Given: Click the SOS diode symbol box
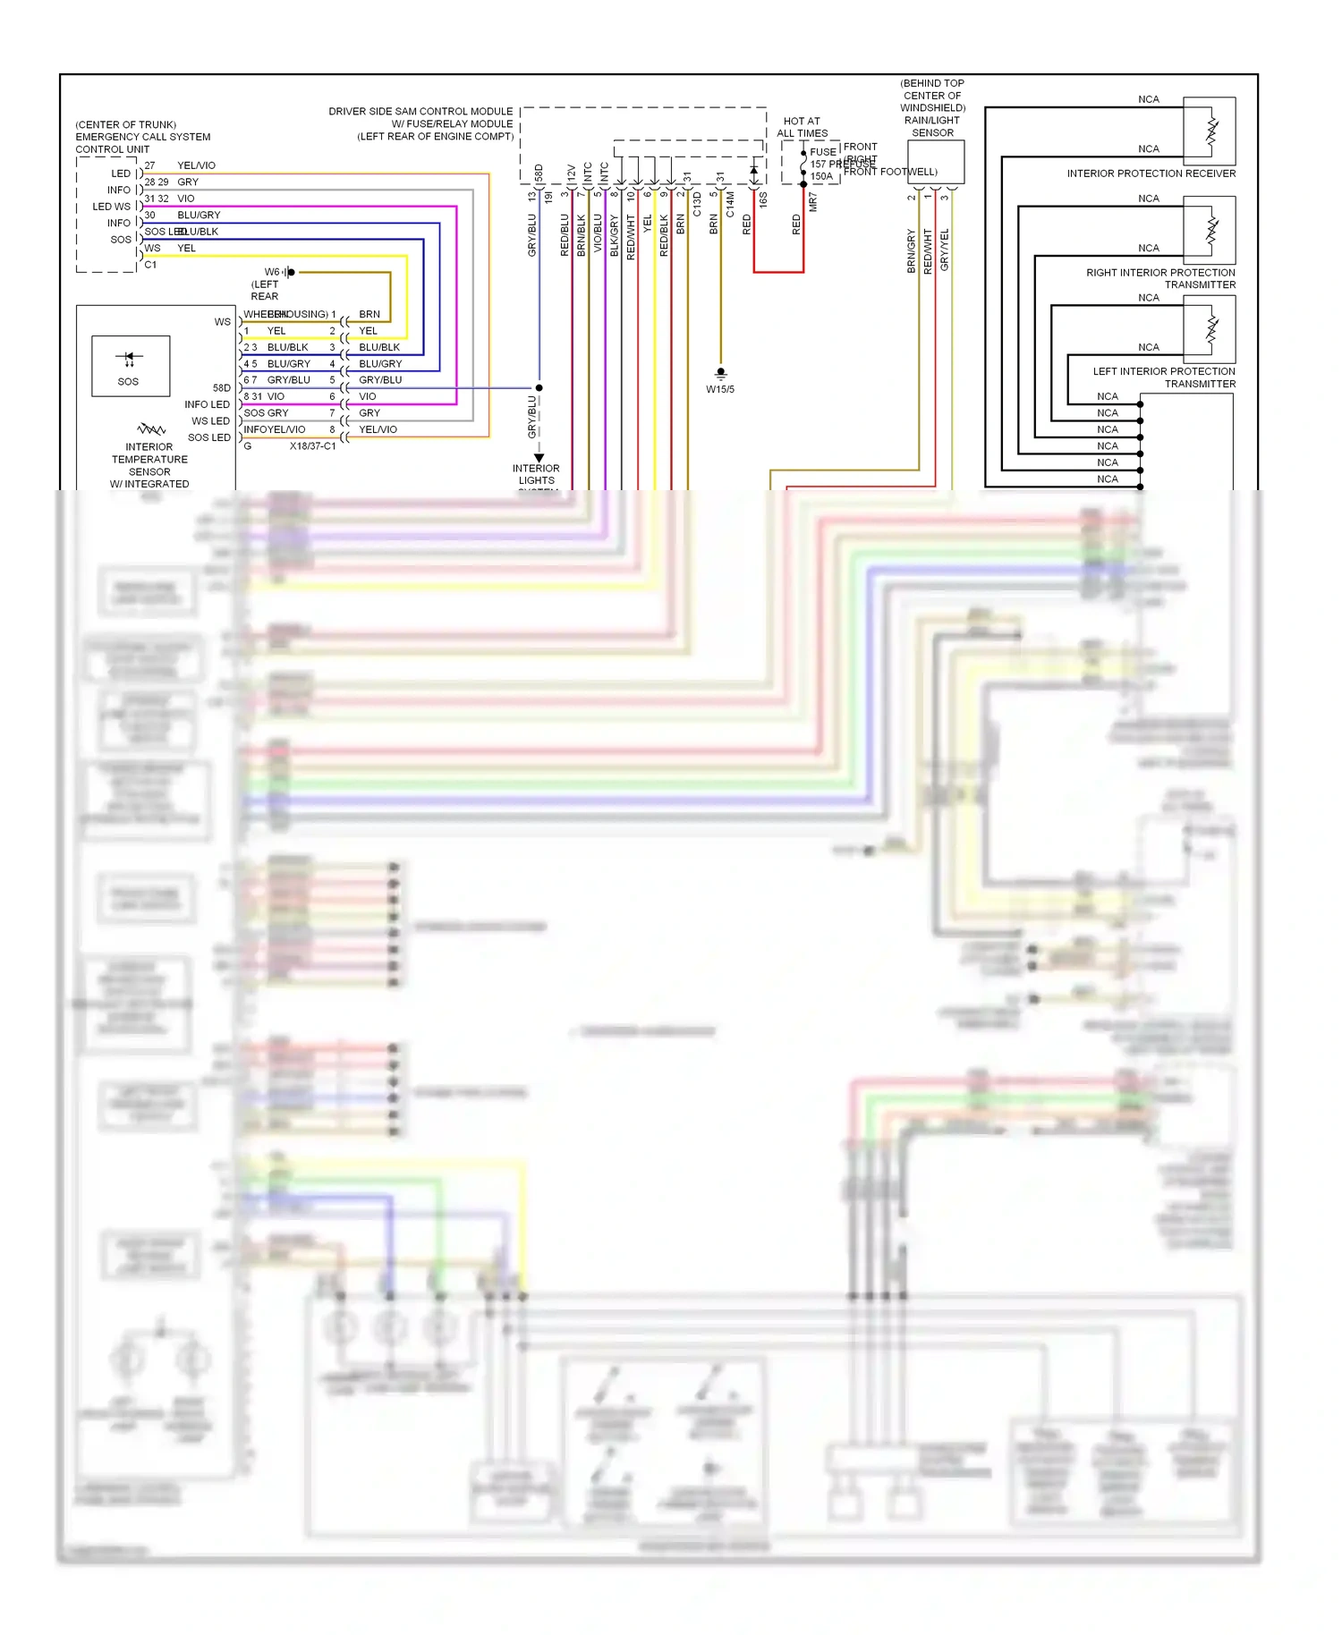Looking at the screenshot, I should pyautogui.click(x=131, y=366).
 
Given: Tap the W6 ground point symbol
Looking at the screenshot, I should pyautogui.click(x=289, y=272).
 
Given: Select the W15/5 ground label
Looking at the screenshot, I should pyautogui.click(x=720, y=390).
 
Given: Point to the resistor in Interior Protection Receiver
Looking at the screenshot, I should pyautogui.click(x=1211, y=131).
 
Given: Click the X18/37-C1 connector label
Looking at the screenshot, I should pyautogui.click(x=312, y=445).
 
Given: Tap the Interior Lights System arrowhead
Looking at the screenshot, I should pyautogui.click(x=539, y=457).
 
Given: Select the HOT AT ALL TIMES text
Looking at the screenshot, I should pyautogui.click(x=802, y=127).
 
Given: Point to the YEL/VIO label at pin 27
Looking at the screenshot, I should pyautogui.click(x=196, y=165).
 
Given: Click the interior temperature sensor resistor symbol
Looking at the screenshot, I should pyautogui.click(x=150, y=430).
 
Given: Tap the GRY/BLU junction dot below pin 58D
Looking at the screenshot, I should pyautogui.click(x=539, y=387).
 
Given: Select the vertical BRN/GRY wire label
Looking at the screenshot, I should pyautogui.click(x=912, y=251).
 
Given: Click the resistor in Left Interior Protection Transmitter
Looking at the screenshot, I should pyautogui.click(x=1211, y=329).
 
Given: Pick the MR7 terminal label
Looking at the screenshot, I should pyautogui.click(x=812, y=202).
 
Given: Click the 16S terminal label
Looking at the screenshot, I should pyautogui.click(x=763, y=200).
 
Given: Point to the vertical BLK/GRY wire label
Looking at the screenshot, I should pyautogui.click(x=614, y=236).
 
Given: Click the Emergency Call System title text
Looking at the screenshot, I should pyautogui.click(x=143, y=137).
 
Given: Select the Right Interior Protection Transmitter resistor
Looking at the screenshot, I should pyautogui.click(x=1211, y=230).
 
